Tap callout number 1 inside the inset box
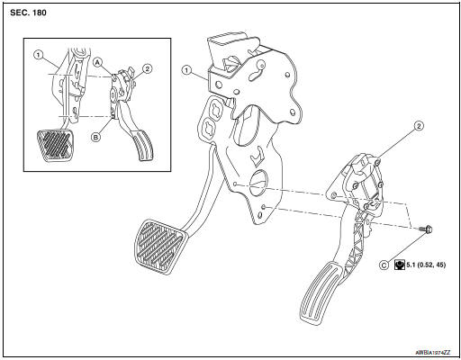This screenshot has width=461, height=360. tap(38, 54)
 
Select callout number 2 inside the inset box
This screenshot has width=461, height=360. tap(147, 67)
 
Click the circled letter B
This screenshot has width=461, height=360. tap(95, 136)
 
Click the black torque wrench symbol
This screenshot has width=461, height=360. tap(401, 265)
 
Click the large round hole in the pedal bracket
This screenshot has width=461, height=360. tap(258, 182)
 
